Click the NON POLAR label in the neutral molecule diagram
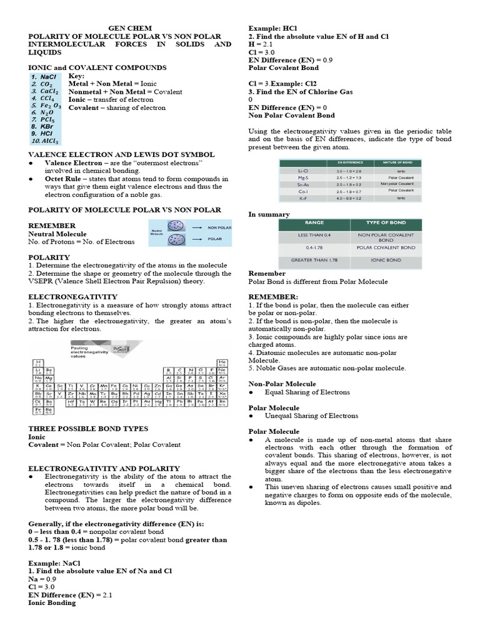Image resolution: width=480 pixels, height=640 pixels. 219,227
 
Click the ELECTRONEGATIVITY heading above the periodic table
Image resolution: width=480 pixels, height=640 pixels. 72,296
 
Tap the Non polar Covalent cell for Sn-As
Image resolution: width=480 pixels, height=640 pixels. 401,184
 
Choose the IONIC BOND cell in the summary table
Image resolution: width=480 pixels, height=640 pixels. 386,259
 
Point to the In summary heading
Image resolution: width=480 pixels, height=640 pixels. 269,214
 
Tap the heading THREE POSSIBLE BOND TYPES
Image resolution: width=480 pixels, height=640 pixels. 88,429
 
